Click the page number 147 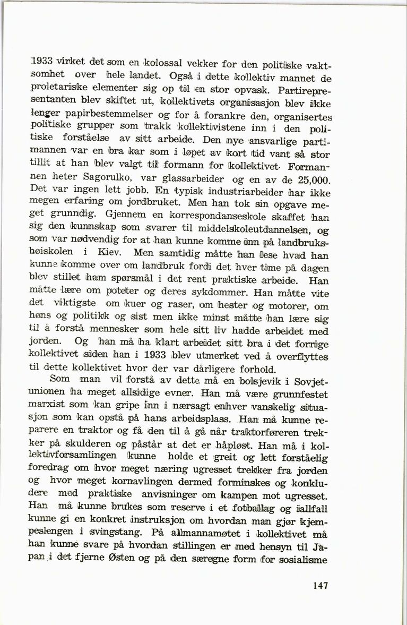[321, 586]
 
